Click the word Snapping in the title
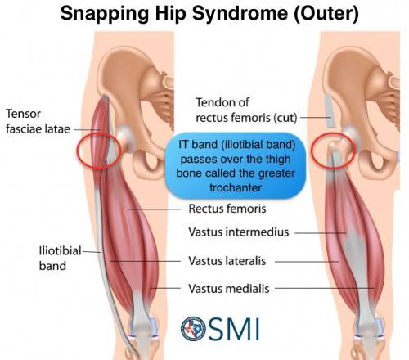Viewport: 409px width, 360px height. click(x=105, y=13)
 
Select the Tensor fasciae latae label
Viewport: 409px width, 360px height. click(x=38, y=121)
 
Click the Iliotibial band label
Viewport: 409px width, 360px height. click(x=60, y=258)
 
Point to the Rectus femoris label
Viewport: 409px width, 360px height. click(x=227, y=209)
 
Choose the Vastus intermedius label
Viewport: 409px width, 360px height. click(x=239, y=232)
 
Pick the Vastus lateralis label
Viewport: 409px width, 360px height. click(x=227, y=261)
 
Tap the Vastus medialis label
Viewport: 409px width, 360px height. click(x=229, y=289)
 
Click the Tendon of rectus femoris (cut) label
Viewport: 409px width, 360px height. click(x=246, y=110)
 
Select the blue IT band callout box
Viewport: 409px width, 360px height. click(x=236, y=165)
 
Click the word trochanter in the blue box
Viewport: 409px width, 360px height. click(x=236, y=187)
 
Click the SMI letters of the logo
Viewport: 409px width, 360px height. click(x=234, y=329)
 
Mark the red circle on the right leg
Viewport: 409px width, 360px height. click(x=312, y=150)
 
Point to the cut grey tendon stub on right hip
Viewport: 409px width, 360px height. click(x=330, y=110)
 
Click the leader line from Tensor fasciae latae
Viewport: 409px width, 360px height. click(x=87, y=129)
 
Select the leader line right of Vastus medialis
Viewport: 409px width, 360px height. click(x=325, y=288)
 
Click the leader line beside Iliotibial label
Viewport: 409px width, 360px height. click(x=92, y=252)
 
